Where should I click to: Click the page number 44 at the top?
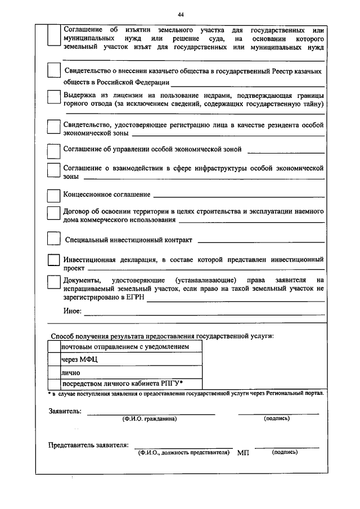pyautogui.click(x=180, y=14)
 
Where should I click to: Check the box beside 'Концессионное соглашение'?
pyautogui.click(x=53, y=195)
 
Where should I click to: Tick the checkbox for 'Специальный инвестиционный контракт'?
pyautogui.click(x=53, y=238)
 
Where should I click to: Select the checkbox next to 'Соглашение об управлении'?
pyautogui.click(x=53, y=151)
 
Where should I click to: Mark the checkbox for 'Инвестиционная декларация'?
pyautogui.click(x=53, y=260)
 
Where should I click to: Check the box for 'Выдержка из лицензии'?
pyautogui.click(x=53, y=97)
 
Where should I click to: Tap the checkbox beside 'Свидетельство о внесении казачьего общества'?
pyautogui.click(x=53, y=71)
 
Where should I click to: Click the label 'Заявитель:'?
pyautogui.click(x=65, y=411)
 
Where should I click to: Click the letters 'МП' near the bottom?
pyautogui.click(x=243, y=453)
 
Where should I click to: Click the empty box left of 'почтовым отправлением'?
pyautogui.click(x=54, y=347)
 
